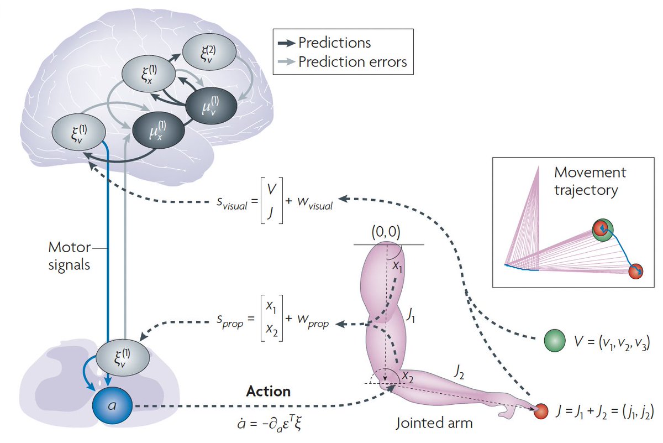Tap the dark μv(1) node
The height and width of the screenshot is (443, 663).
point(212,105)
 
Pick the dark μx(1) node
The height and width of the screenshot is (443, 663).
point(159,130)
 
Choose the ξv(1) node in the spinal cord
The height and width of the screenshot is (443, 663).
point(122,357)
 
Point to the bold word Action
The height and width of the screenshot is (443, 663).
point(269,392)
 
